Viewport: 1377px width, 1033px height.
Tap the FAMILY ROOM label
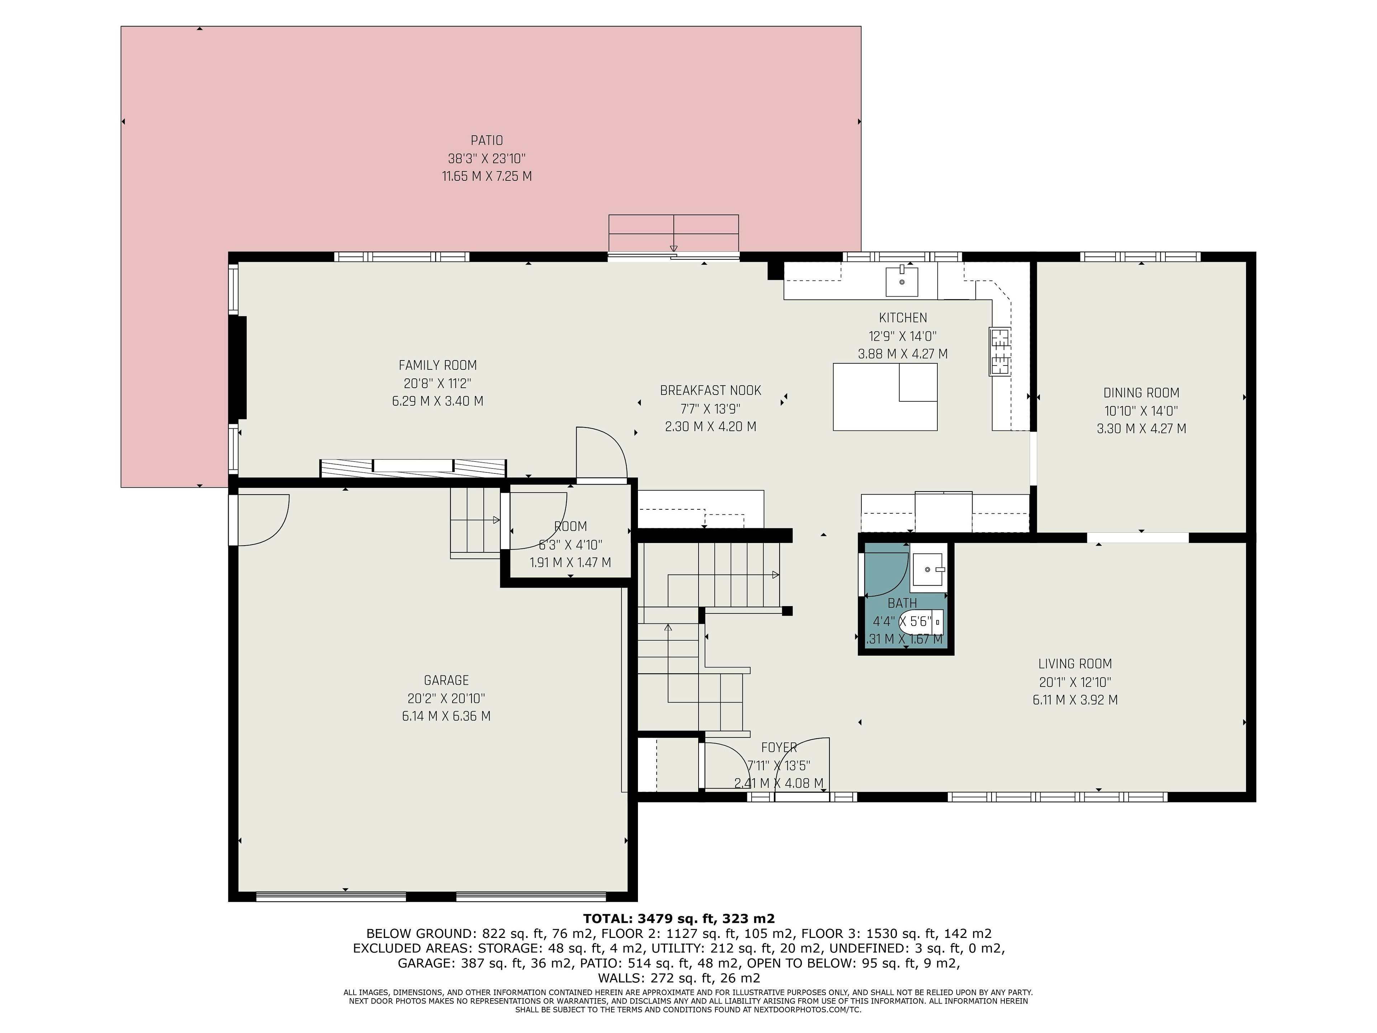point(437,365)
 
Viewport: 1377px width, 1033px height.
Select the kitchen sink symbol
point(902,281)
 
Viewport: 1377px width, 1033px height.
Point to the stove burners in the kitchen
point(1000,352)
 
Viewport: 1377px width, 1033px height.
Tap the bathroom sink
point(928,567)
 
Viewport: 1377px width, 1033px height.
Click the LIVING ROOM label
point(1075,664)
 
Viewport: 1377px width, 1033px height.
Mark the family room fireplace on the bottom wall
point(413,468)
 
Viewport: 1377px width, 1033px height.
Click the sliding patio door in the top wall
point(673,255)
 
